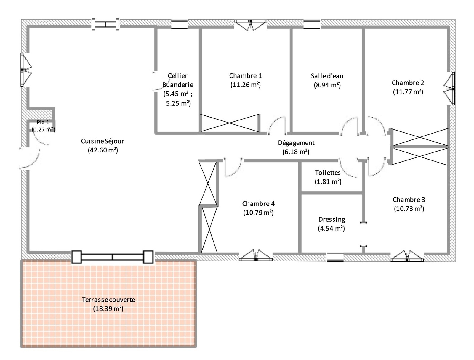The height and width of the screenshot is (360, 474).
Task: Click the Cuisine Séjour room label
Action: [x=103, y=141]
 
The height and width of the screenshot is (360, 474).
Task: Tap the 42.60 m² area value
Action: [x=103, y=150]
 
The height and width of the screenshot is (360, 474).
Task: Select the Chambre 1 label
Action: [x=245, y=76]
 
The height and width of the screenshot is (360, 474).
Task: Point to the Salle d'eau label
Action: [x=327, y=76]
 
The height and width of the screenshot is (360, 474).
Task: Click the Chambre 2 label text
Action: [x=408, y=83]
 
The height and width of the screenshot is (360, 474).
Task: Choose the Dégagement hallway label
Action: [x=296, y=143]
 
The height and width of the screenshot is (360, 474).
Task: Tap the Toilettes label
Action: [x=328, y=173]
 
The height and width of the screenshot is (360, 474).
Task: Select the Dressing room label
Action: [x=332, y=220]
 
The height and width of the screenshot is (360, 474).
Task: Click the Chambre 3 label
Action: [x=409, y=200]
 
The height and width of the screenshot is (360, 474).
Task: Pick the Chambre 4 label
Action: [x=258, y=204]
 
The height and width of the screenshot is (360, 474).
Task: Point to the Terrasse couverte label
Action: [x=108, y=300]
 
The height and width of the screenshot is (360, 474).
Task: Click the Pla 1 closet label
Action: [x=43, y=122]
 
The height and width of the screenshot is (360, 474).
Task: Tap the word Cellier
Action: [x=177, y=76]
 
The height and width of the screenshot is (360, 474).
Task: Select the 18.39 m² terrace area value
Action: [x=108, y=309]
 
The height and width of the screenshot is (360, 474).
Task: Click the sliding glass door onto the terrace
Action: [x=112, y=257]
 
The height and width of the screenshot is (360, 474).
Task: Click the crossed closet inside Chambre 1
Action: [x=230, y=123]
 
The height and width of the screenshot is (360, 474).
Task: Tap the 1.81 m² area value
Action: [x=328, y=181]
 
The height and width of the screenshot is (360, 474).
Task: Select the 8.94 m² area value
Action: [x=327, y=85]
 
